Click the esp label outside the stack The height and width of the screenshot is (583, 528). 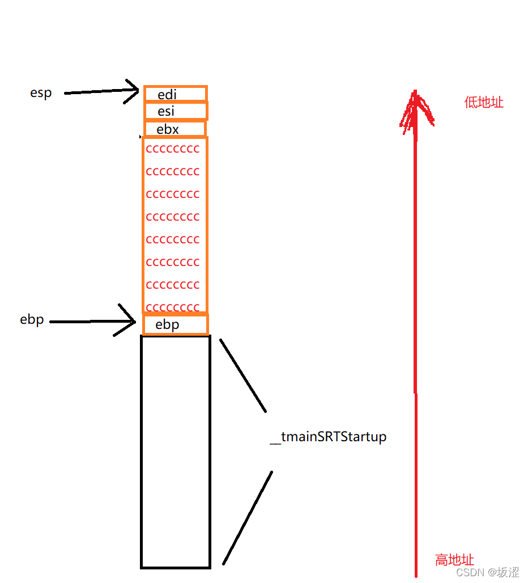click(41, 93)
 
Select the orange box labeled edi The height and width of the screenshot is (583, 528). click(175, 94)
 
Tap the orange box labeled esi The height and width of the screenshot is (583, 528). click(175, 111)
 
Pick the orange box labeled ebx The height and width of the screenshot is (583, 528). click(174, 129)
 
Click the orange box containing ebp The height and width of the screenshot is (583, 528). click(175, 324)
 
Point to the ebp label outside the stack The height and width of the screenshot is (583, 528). click(32, 320)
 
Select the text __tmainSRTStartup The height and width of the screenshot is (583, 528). click(328, 437)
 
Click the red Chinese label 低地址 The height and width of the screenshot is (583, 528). click(483, 103)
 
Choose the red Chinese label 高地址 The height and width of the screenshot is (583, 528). click(454, 560)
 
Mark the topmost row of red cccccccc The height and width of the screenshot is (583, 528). click(173, 149)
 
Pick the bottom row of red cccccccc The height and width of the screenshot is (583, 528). click(173, 307)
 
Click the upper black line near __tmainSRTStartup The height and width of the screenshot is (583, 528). click(242, 375)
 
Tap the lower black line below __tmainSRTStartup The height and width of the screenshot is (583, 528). click(248, 517)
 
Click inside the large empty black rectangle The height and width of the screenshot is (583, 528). click(175, 451)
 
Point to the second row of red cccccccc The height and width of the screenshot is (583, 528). click(173, 171)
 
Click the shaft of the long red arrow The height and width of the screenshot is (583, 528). click(416, 340)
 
